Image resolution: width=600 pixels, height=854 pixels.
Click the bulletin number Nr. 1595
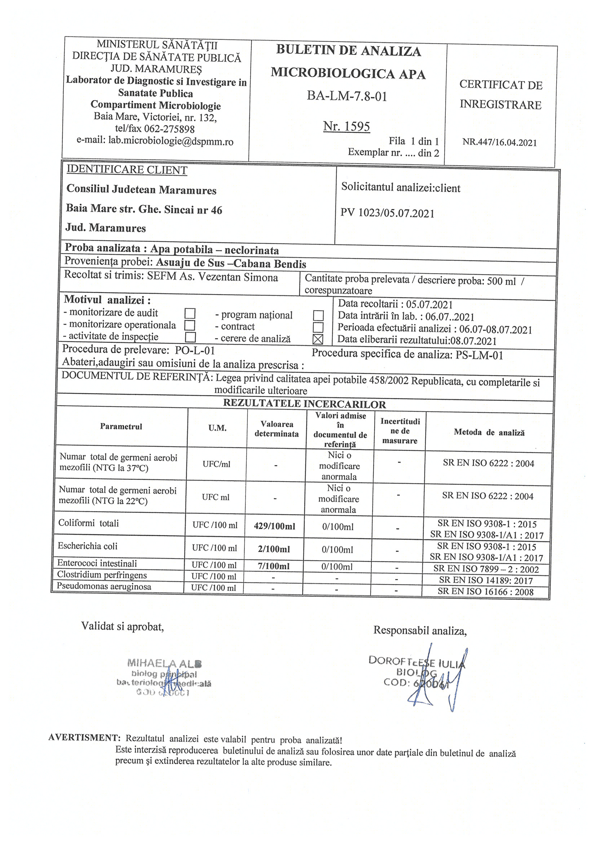point(346,127)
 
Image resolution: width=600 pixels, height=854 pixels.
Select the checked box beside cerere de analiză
point(318,339)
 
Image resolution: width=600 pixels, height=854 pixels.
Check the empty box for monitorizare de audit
point(190,313)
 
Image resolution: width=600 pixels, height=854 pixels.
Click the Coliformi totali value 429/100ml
point(274,526)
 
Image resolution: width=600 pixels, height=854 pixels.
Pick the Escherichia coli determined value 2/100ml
point(274,549)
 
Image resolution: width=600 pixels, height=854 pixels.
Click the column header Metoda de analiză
point(489,432)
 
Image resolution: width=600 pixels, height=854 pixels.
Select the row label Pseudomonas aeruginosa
point(104,586)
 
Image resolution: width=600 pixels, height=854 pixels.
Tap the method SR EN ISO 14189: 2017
point(485,581)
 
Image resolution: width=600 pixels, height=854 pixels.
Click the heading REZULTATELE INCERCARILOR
point(304,404)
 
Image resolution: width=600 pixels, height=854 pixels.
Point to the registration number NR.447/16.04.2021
point(499,142)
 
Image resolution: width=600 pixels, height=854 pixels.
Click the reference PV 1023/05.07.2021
point(387,213)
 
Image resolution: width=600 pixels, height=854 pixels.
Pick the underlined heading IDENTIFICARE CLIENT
point(127,170)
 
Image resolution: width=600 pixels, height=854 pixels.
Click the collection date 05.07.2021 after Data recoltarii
point(429,305)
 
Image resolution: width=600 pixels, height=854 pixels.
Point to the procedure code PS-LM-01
point(479,356)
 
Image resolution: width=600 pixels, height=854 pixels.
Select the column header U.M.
point(217,428)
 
